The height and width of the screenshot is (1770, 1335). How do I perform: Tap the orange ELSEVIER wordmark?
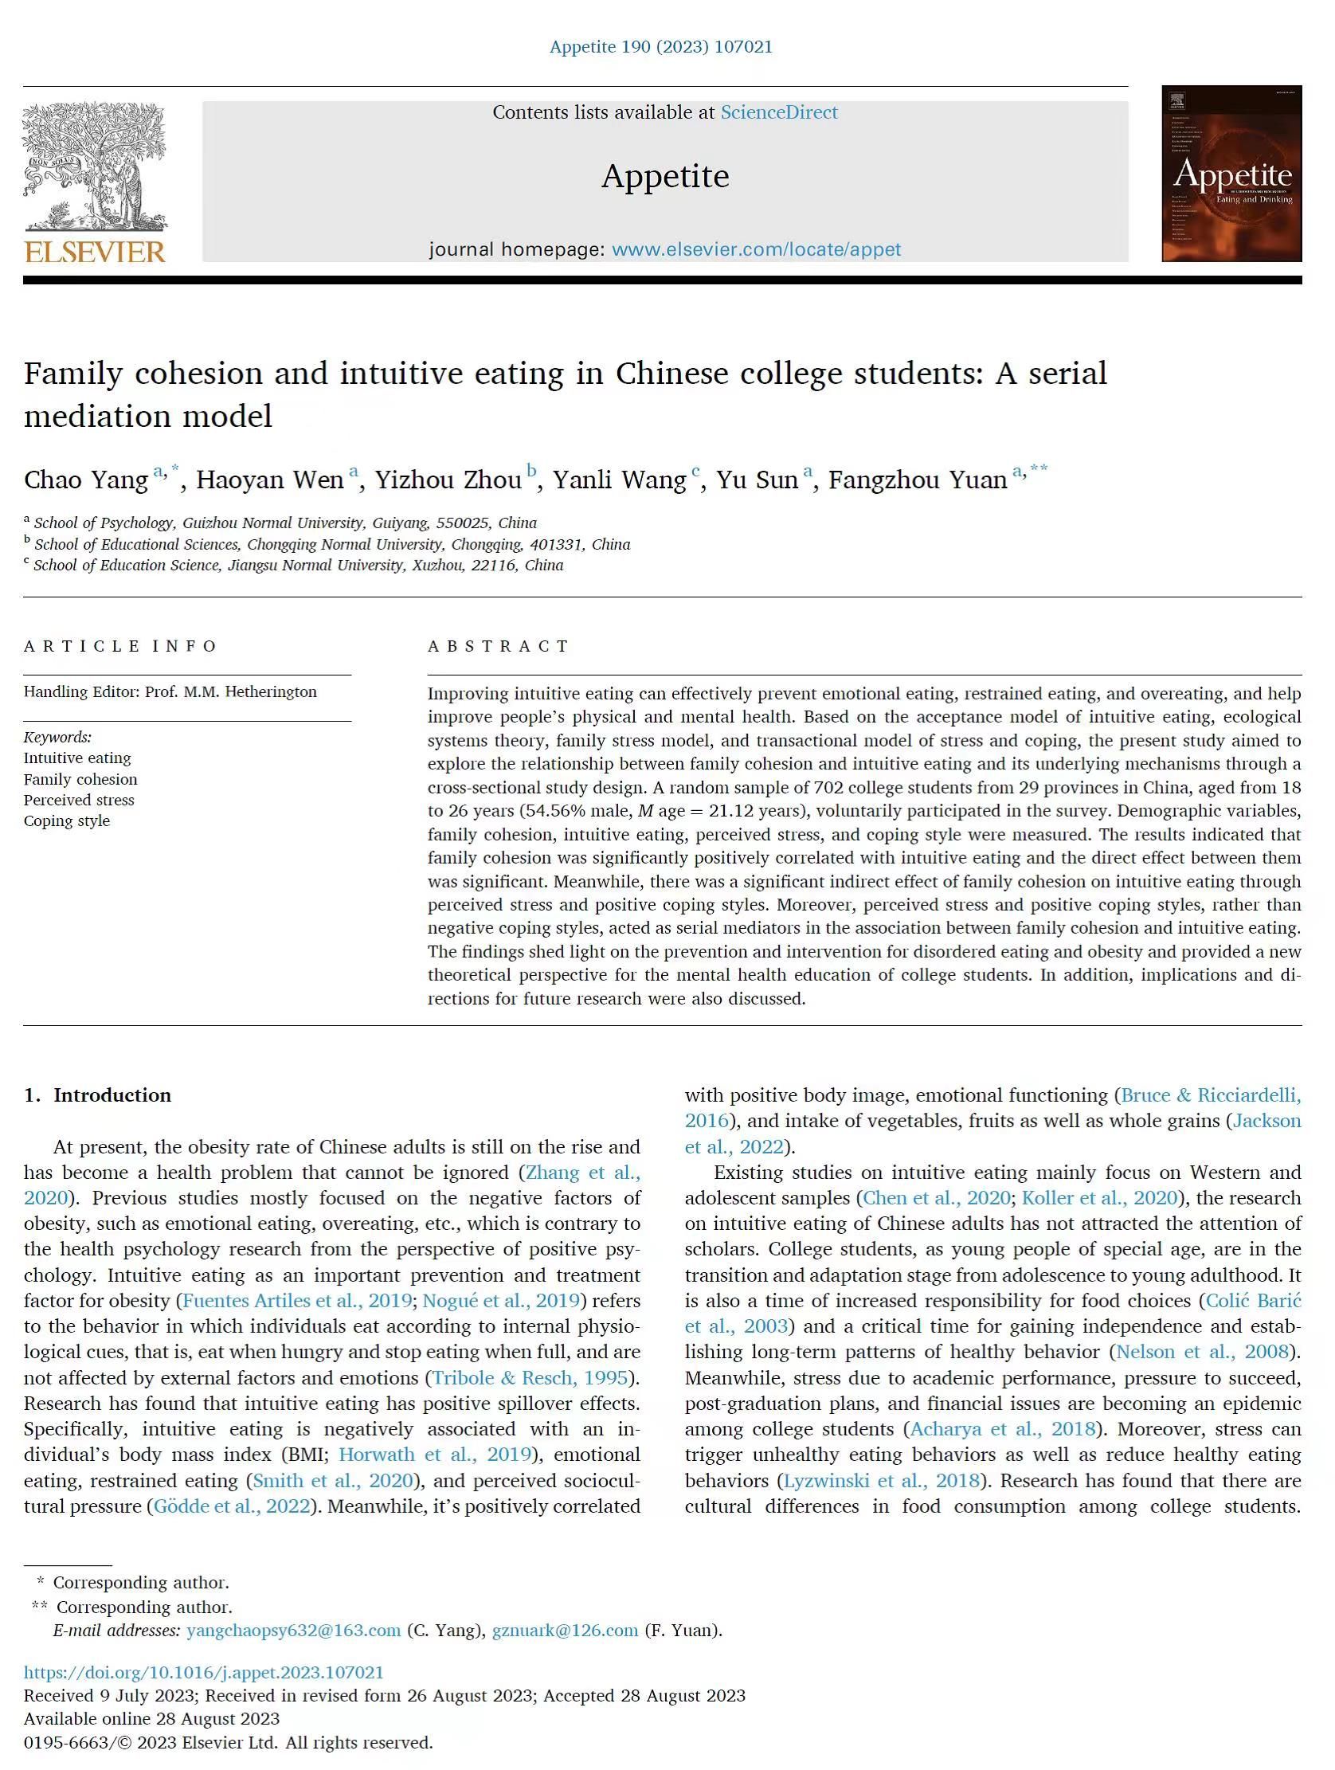coord(95,252)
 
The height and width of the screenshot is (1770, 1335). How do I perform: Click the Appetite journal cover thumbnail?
coord(1231,174)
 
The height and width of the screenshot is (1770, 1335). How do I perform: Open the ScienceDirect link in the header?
coord(779,113)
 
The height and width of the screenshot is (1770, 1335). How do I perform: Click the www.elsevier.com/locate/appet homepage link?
coord(756,249)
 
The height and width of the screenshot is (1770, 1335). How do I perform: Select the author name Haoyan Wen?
coord(270,480)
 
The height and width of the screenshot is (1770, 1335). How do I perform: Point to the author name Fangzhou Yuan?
coord(917,480)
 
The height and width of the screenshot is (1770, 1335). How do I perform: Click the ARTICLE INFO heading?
coord(120,646)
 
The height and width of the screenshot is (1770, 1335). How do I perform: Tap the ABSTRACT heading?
coord(498,646)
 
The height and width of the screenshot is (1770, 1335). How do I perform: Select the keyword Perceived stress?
coord(78,801)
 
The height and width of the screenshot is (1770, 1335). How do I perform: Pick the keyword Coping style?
coord(66,821)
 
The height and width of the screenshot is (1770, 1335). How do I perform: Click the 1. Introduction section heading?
coord(97,1095)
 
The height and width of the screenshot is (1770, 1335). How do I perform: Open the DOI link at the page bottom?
coord(203,1672)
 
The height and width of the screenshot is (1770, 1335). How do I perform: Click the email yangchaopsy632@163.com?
coord(293,1631)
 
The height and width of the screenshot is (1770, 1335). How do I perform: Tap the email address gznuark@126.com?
coord(565,1631)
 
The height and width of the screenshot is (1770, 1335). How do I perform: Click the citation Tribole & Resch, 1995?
coord(530,1378)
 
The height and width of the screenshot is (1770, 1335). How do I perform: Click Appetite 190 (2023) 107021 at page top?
coord(660,47)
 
